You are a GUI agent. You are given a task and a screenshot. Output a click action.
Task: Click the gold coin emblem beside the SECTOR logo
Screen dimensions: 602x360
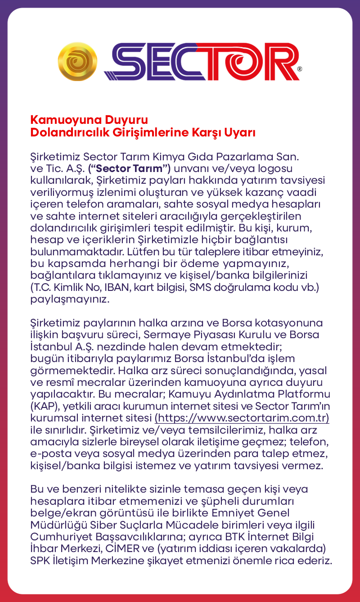(77, 61)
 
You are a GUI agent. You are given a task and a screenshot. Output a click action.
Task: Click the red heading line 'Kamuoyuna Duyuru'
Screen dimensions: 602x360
(89, 120)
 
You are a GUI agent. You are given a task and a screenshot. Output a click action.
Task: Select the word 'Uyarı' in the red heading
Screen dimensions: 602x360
(241, 133)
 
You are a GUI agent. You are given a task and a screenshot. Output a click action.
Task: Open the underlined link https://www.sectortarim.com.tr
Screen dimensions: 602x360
(242, 418)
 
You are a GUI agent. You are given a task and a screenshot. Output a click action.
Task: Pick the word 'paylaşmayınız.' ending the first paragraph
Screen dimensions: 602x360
(70, 299)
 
